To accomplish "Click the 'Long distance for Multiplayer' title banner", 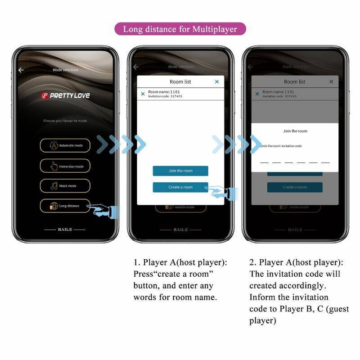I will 180,30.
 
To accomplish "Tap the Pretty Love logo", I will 65,95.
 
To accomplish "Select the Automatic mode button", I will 65,145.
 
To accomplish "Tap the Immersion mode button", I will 65,166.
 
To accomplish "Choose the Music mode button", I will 65,186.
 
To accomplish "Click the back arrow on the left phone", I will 21,70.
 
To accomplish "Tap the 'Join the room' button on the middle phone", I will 180,171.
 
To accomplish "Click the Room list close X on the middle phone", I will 217,81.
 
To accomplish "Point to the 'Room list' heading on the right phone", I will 294,82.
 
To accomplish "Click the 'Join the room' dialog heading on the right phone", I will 295,131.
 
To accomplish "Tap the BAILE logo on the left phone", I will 65,229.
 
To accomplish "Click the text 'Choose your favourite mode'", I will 65,121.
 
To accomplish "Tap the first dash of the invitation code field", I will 264,162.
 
